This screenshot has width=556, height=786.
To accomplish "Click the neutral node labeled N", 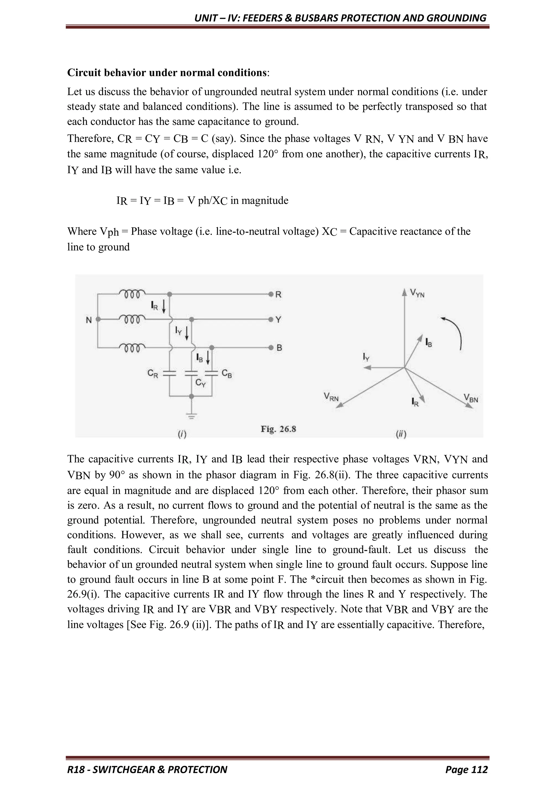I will [98, 319].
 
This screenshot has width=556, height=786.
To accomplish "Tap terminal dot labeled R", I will [270, 294].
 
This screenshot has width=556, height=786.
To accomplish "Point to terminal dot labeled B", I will [270, 348].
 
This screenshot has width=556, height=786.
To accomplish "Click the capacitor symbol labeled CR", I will [169, 373].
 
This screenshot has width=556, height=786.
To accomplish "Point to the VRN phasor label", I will [331, 397].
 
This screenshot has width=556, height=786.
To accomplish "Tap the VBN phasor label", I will [471, 398].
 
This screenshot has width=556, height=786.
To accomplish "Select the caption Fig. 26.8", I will [278, 429].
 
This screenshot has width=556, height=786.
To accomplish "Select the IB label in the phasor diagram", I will [429, 342].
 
